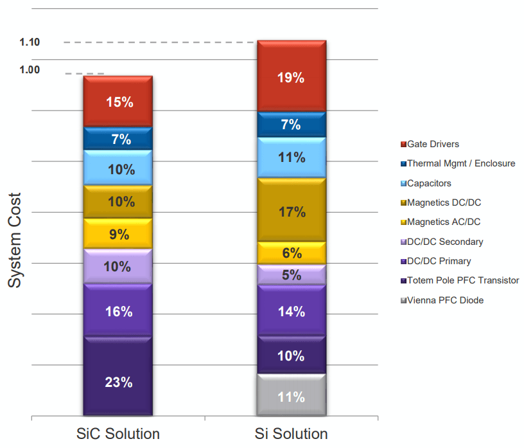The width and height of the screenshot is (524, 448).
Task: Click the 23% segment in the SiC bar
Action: (x=118, y=382)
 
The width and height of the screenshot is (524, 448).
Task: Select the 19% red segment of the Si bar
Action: (x=291, y=78)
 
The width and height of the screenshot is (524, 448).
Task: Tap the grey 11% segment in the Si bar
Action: (x=291, y=397)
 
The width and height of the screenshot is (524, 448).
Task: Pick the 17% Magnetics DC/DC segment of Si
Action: (x=291, y=211)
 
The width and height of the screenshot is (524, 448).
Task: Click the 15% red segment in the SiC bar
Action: (x=118, y=102)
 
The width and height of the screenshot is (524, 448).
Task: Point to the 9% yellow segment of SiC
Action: (x=118, y=235)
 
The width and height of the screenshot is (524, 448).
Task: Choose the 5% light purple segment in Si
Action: (x=291, y=275)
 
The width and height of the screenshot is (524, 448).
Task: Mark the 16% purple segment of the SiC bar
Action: (x=118, y=312)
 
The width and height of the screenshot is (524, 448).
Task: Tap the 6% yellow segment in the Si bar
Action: (x=291, y=253)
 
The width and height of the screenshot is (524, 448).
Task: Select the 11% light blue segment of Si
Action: (x=291, y=157)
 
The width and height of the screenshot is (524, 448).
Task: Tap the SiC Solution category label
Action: (x=118, y=433)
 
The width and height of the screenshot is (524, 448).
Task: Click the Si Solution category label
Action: (x=291, y=433)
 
